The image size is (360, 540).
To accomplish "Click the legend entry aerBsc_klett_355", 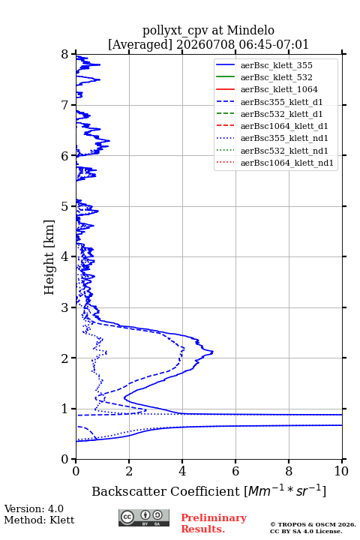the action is click(276, 65).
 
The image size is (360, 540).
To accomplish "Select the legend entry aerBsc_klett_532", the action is click(276, 77).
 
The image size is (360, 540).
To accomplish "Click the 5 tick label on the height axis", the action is click(65, 206).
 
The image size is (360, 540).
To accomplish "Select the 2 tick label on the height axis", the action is click(65, 358).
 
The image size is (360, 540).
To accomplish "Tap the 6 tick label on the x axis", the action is click(235, 471).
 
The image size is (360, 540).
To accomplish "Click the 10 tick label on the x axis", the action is click(341, 471).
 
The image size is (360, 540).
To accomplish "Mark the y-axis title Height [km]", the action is click(49, 257).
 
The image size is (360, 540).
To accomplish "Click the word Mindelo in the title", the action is click(250, 30).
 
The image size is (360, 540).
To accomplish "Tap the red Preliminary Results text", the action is click(214, 523).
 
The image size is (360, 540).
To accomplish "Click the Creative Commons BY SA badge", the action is click(144, 518).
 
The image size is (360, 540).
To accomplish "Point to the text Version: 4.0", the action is click(34, 508).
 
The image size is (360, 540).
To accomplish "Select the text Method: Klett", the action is click(39, 520).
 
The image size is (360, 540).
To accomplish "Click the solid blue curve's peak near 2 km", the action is click(213, 352).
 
